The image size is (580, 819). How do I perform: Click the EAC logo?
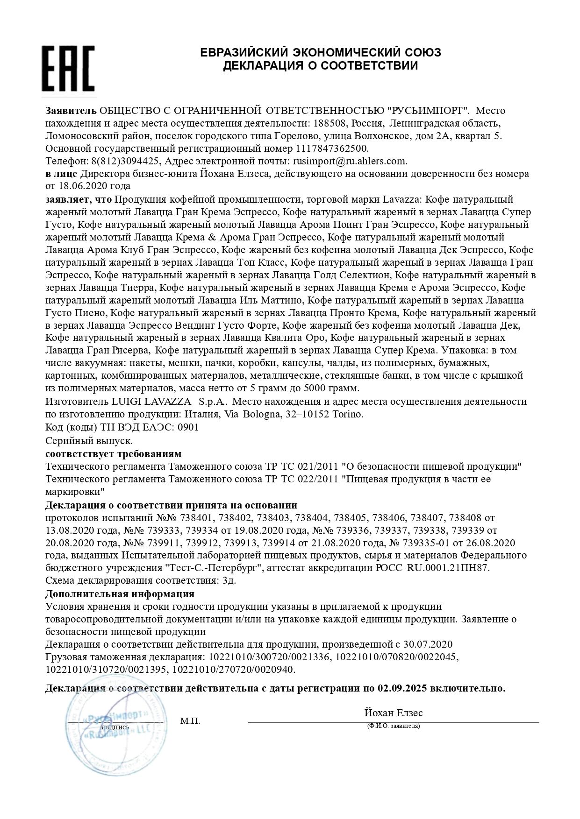pos(68,69)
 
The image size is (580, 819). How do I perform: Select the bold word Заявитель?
pos(71,111)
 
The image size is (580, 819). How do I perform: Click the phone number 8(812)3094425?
pos(124,161)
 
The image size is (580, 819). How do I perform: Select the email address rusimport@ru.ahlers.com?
pos(350,161)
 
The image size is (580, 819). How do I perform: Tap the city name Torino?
pos(347,414)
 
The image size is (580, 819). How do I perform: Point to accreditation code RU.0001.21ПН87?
pos(448,568)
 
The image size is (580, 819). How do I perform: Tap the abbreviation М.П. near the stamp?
pos(190,721)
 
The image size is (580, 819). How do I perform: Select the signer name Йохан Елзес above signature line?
pos(393,713)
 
